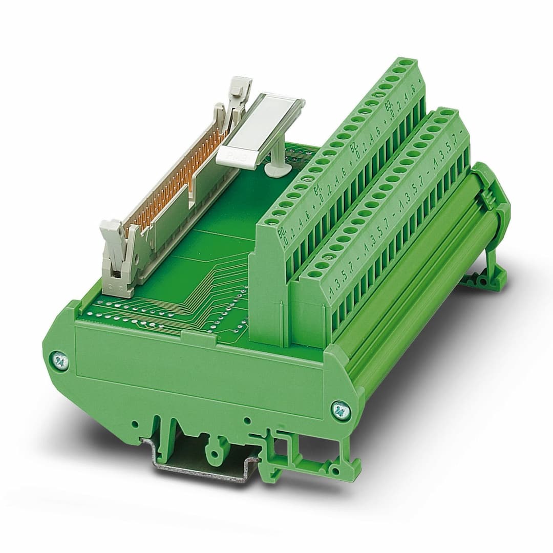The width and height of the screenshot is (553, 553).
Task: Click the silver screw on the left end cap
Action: click(60, 360)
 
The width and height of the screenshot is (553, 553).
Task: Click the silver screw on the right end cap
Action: click(338, 409)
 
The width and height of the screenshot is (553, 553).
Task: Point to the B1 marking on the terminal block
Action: click(316, 193)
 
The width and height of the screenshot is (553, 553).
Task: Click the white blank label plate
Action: click(261, 130)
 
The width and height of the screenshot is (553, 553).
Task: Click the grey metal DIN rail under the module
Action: click(200, 463)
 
